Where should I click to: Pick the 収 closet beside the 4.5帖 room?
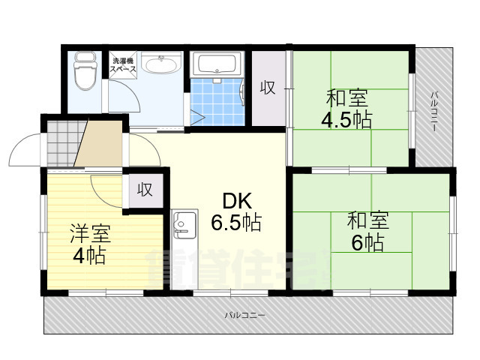point(268,87)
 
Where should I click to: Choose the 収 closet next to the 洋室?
point(145,190)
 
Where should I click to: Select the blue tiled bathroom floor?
point(217,101)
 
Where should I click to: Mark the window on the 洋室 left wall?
point(43,232)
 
